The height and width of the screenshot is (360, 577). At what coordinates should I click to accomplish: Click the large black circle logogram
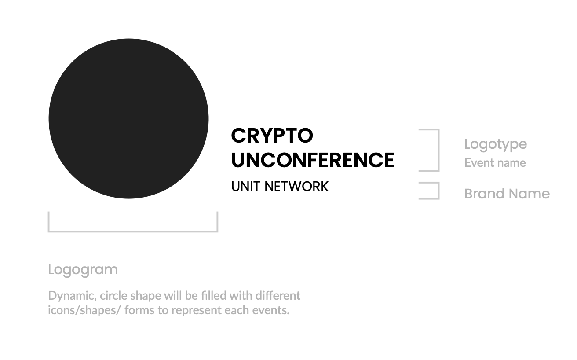click(128, 118)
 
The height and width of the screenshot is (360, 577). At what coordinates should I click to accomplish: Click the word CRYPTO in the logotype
click(272, 136)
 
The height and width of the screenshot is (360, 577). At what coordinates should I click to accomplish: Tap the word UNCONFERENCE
click(313, 160)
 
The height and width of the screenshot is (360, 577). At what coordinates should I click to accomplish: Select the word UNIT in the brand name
click(245, 186)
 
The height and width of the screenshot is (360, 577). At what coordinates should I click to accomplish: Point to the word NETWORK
click(296, 186)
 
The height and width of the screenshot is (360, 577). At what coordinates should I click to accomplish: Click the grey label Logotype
click(495, 144)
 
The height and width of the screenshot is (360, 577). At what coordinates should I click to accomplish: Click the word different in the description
click(278, 296)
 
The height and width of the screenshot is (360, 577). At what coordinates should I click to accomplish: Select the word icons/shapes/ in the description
click(84, 310)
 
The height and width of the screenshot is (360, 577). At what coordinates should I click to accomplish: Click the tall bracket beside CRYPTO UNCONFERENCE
click(438, 150)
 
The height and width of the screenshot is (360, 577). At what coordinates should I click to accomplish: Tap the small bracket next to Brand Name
click(438, 191)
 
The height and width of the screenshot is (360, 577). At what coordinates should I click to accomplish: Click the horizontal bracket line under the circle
click(133, 231)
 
